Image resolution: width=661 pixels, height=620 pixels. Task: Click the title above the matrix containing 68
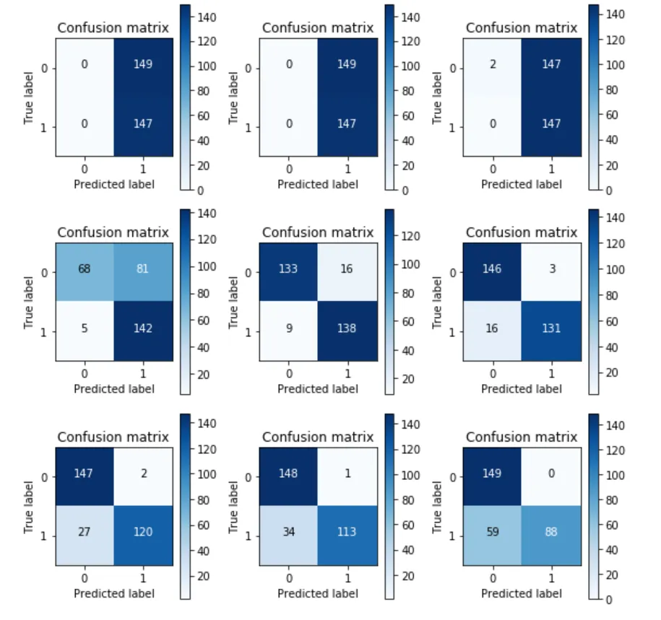113,232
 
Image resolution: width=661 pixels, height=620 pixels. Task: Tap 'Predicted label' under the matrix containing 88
522,593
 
